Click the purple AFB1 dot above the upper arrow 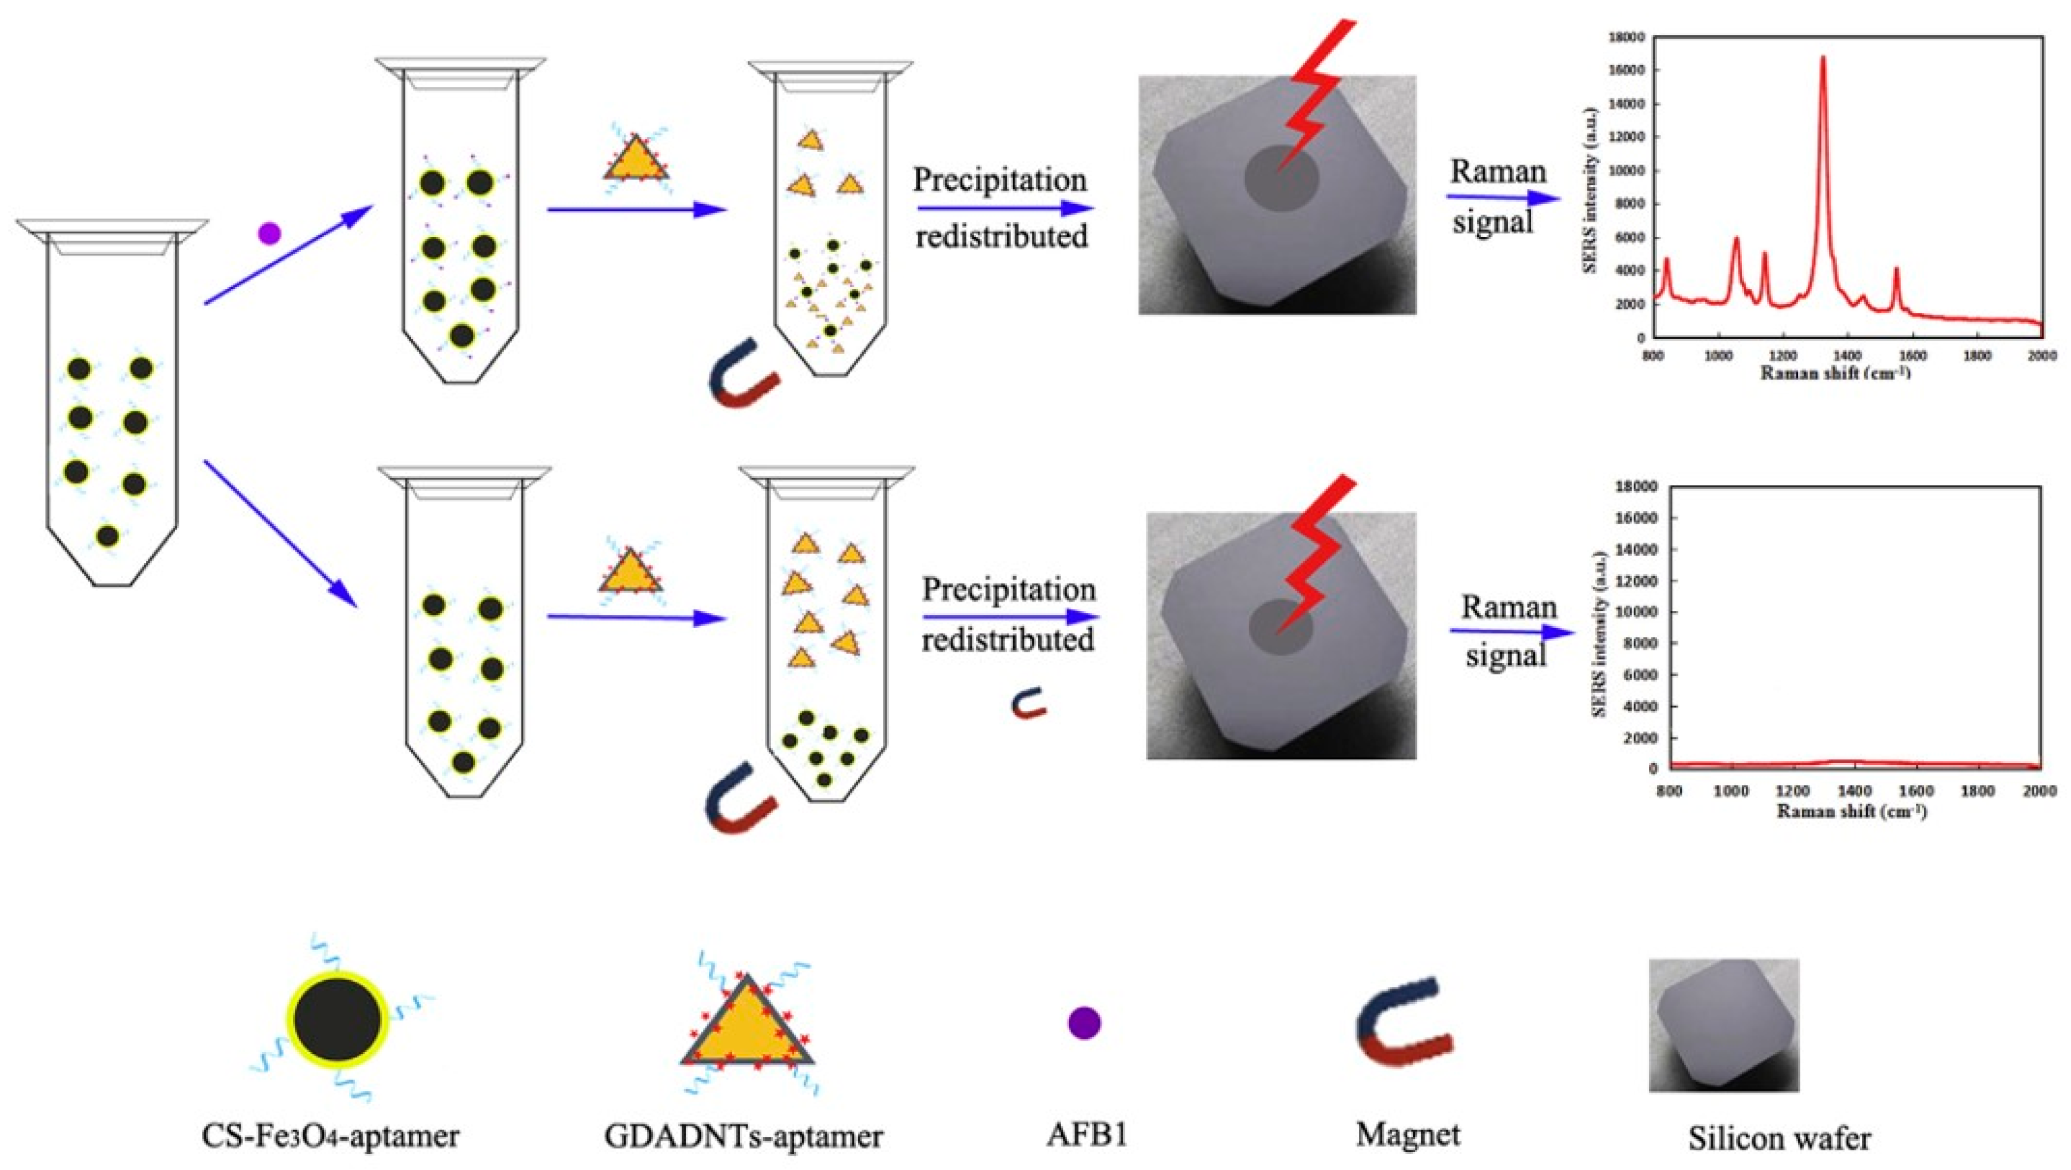[x=269, y=234]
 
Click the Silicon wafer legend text [x=1778, y=1138]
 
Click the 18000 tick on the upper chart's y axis [x=1628, y=37]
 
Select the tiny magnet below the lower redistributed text [x=1028, y=703]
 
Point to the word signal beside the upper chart [x=1493, y=223]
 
